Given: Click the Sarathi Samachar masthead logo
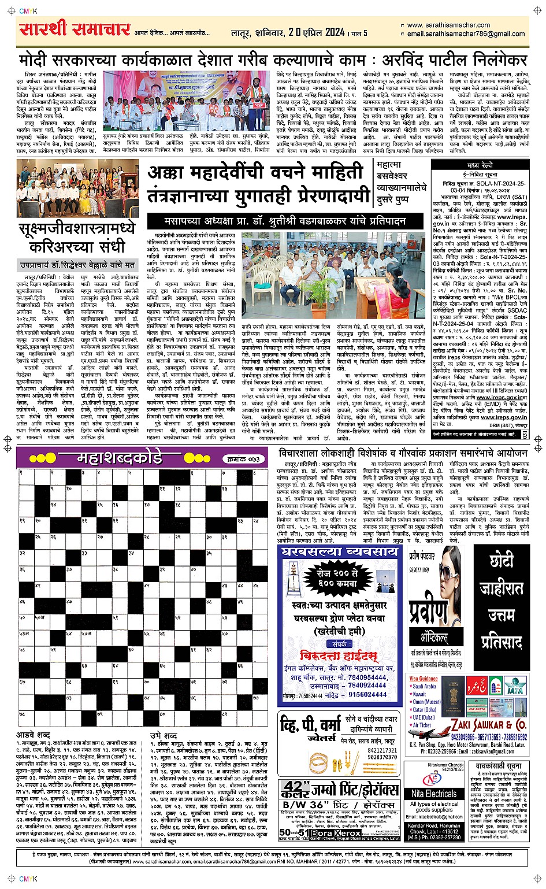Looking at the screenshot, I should tap(74, 29).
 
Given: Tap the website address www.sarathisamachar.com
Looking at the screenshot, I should tap(448, 25).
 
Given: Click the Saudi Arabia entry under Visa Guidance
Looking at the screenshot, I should tap(424, 686).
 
